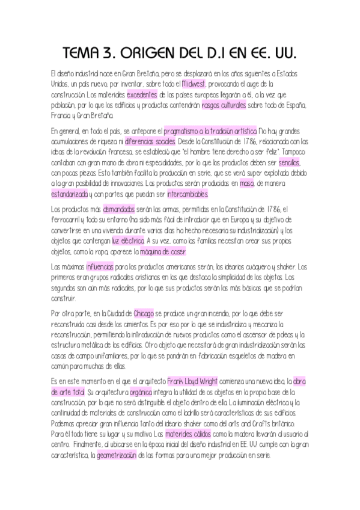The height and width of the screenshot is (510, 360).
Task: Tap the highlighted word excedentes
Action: click(x=142, y=94)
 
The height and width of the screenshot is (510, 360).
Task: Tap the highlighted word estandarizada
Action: click(x=69, y=194)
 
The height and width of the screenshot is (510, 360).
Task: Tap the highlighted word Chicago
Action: click(x=144, y=314)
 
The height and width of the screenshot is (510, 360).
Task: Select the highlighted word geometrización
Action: click(x=118, y=456)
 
